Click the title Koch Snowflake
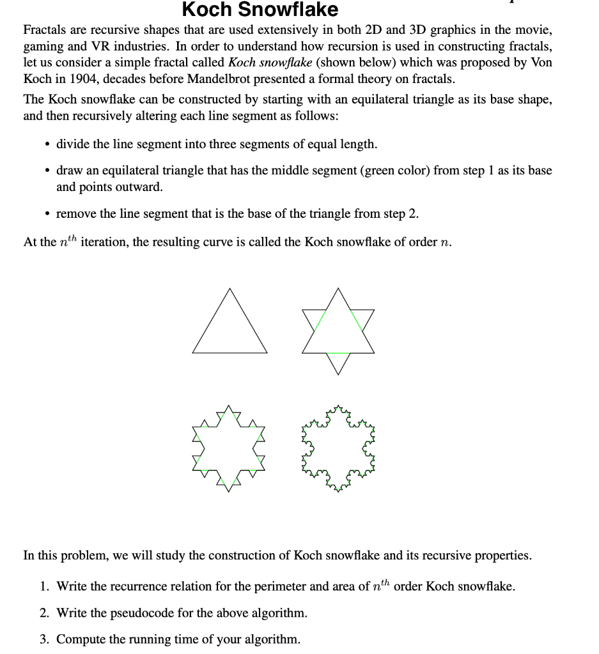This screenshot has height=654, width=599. (x=260, y=10)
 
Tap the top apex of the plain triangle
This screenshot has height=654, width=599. (x=229, y=289)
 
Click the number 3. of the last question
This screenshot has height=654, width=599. (x=44, y=639)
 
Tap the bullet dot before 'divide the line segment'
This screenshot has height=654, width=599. (x=47, y=144)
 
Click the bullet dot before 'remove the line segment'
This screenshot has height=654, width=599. (x=47, y=214)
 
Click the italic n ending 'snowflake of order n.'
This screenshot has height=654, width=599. (x=446, y=243)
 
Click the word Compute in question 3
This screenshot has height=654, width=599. (x=79, y=639)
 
